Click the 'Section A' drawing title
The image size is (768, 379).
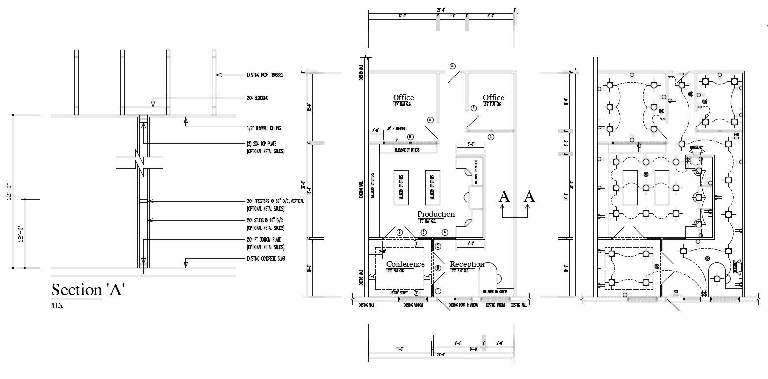(x=88, y=290)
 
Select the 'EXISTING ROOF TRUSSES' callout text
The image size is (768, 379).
(x=265, y=75)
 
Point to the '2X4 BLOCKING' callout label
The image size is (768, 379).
(x=258, y=98)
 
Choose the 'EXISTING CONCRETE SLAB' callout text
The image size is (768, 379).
(x=265, y=258)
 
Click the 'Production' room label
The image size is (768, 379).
(x=436, y=214)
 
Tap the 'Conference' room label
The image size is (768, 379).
(x=405, y=264)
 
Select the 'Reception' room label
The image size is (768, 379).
(x=467, y=264)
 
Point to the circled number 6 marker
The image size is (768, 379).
(x=410, y=137)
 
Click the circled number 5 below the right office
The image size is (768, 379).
(x=490, y=137)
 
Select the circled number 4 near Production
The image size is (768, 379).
(x=445, y=232)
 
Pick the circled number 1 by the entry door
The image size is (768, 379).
(x=438, y=291)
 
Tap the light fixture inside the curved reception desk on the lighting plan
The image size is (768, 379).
(x=717, y=279)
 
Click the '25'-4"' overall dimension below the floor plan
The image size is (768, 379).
(x=440, y=355)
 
